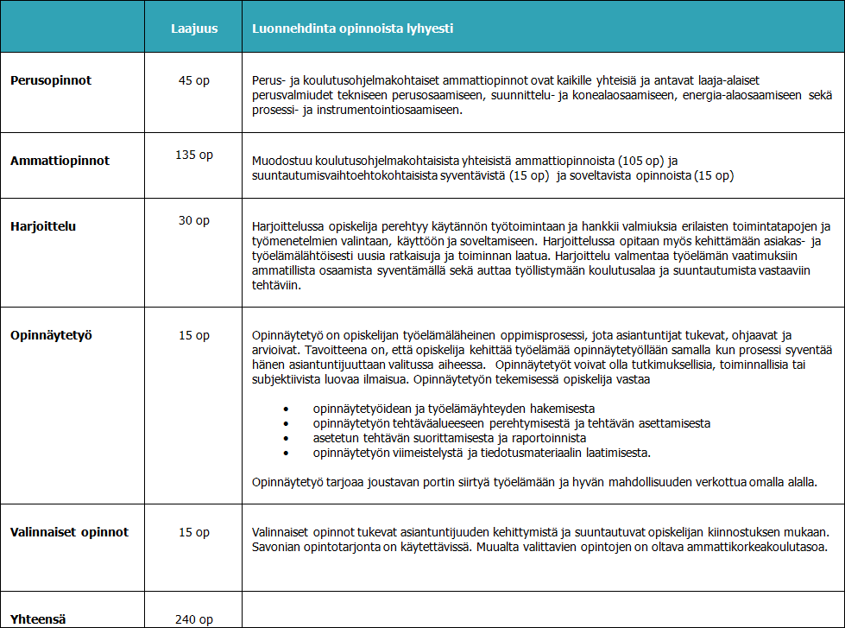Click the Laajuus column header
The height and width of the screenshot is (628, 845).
point(194,28)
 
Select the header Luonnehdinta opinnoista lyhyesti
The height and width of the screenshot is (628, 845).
point(352,28)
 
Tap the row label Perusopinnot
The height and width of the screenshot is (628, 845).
point(51,80)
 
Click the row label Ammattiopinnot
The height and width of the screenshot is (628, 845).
point(60,161)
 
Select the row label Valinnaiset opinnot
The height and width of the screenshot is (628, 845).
point(70,532)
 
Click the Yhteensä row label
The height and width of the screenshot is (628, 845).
point(39,618)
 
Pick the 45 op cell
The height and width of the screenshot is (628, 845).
point(194,80)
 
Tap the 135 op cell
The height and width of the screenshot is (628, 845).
point(194,155)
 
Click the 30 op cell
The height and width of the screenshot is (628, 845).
point(194,220)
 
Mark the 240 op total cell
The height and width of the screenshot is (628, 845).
point(194,618)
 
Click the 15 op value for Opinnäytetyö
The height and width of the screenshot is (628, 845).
point(194,335)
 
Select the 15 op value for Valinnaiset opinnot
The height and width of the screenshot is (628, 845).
point(194,532)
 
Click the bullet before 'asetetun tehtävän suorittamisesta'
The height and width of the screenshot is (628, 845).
point(286,438)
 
